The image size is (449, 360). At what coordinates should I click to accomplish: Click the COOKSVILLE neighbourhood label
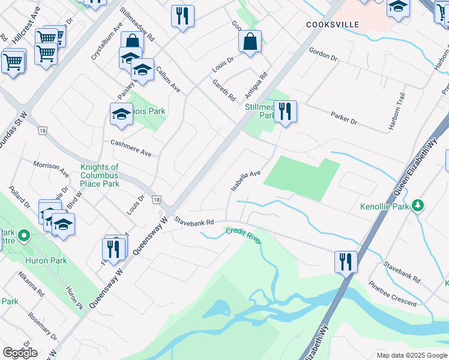(x=332, y=25)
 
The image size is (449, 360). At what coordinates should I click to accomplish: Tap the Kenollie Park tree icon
(x=418, y=206)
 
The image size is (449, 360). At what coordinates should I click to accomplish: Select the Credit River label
(x=244, y=235)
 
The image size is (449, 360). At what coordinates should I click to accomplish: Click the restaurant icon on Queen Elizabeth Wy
(x=346, y=262)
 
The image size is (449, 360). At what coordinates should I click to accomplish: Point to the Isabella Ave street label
(x=246, y=181)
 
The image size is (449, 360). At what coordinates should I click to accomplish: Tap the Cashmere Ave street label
(x=131, y=148)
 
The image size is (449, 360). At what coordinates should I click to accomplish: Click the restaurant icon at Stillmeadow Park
(x=285, y=112)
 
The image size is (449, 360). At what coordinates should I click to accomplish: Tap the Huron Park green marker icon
(x=25, y=236)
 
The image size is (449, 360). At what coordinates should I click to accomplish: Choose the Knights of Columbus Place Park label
(x=100, y=175)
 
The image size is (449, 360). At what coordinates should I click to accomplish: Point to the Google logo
(x=20, y=353)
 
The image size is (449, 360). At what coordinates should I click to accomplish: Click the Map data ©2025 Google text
(x=411, y=355)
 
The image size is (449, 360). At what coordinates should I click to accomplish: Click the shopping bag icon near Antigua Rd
(x=250, y=42)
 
